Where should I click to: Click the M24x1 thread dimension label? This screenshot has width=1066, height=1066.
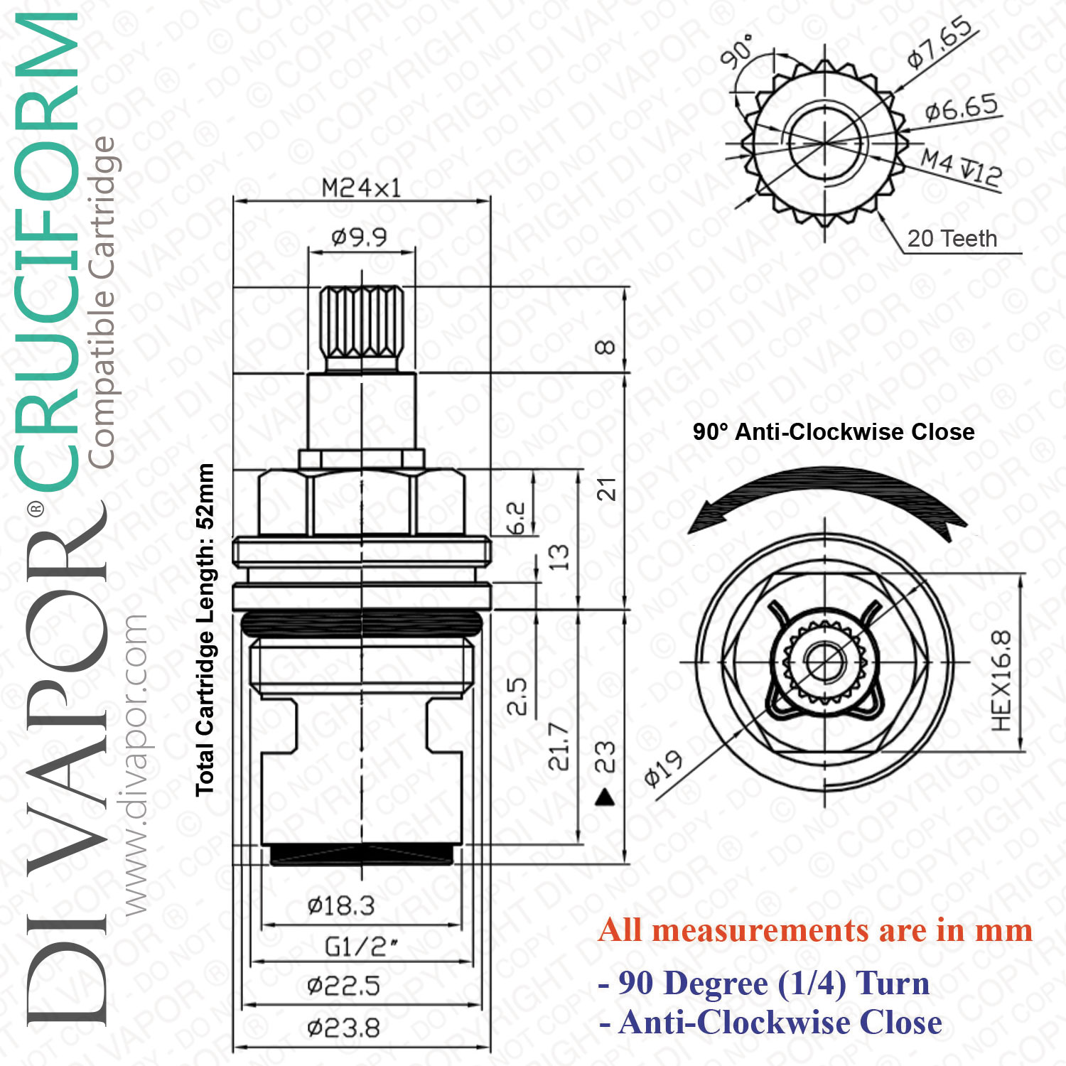pos(361,188)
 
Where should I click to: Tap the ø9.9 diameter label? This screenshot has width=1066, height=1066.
pos(360,237)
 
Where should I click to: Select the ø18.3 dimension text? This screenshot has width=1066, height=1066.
pos(341,905)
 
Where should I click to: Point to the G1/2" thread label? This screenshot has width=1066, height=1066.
pos(361,947)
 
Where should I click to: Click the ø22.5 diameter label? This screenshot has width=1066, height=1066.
pos(343,986)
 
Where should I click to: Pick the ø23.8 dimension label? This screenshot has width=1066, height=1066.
pos(343,1028)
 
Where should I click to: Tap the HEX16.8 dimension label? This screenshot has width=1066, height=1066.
pos(1001,681)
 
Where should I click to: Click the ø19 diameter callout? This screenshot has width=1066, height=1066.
pos(664,769)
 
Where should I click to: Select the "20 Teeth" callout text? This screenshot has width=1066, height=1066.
pos(952,239)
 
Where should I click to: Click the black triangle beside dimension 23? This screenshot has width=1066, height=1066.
pos(605,797)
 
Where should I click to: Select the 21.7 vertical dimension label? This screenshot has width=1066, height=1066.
pos(559,747)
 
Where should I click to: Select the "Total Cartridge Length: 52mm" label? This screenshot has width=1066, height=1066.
pos(205,630)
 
